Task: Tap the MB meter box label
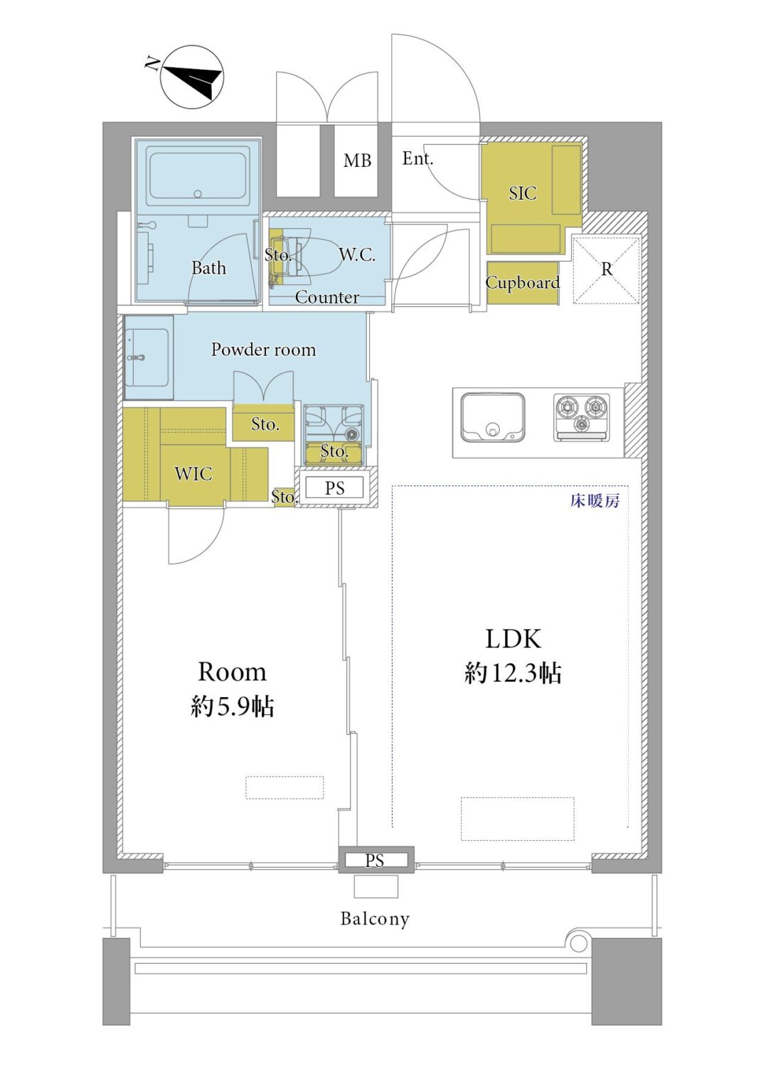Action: (357, 161)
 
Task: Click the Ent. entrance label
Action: (417, 158)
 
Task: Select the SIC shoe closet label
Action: (523, 193)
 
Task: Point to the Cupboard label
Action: (523, 283)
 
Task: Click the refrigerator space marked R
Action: (606, 269)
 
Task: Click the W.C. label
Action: (357, 255)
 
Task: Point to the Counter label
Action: (326, 297)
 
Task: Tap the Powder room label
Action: (263, 350)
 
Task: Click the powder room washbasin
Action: (148, 357)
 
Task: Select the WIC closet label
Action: (193, 473)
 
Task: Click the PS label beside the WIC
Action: (334, 488)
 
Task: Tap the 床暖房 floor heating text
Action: (595, 500)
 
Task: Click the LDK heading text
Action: (513, 639)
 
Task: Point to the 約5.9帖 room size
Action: (232, 706)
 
